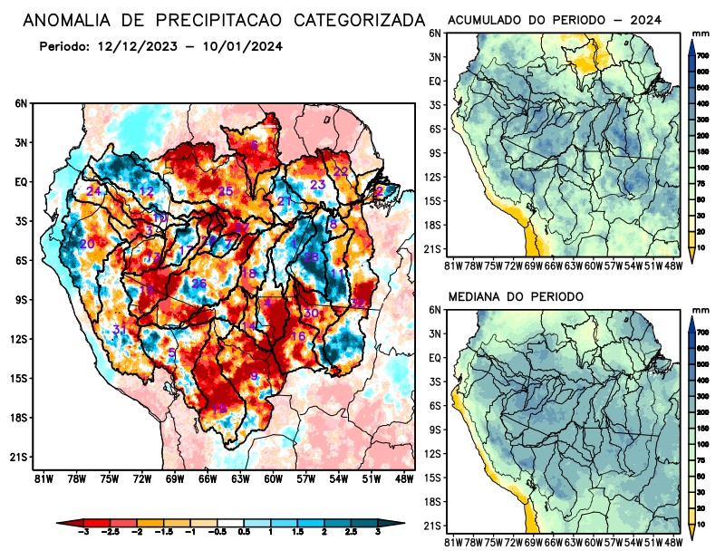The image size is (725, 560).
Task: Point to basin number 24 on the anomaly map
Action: coord(93,191)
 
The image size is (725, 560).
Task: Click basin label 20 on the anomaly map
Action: coord(87,245)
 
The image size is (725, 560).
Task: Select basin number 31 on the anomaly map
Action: coord(120,328)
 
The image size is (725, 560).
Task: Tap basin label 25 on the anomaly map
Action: coord(226,191)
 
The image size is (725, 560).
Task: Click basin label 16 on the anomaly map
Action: coord(297,336)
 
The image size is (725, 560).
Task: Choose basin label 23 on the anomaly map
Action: coord(317,185)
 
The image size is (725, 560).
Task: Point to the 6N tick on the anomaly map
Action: coord(21,104)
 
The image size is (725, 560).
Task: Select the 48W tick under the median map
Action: coord(674,542)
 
